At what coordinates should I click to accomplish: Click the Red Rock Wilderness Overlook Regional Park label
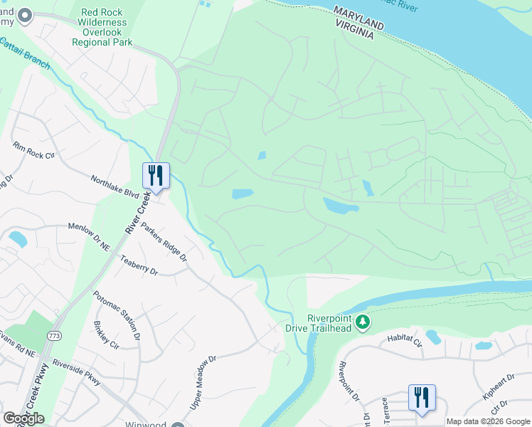pyautogui.click(x=102, y=27)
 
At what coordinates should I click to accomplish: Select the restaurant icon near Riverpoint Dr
pyautogui.click(x=422, y=398)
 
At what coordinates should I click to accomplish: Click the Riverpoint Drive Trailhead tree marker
pyautogui.click(x=363, y=323)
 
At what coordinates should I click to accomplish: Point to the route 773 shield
pyautogui.click(x=54, y=334)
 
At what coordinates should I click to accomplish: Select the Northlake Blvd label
pyautogui.click(x=115, y=187)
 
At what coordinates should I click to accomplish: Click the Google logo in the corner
pyautogui.click(x=23, y=418)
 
